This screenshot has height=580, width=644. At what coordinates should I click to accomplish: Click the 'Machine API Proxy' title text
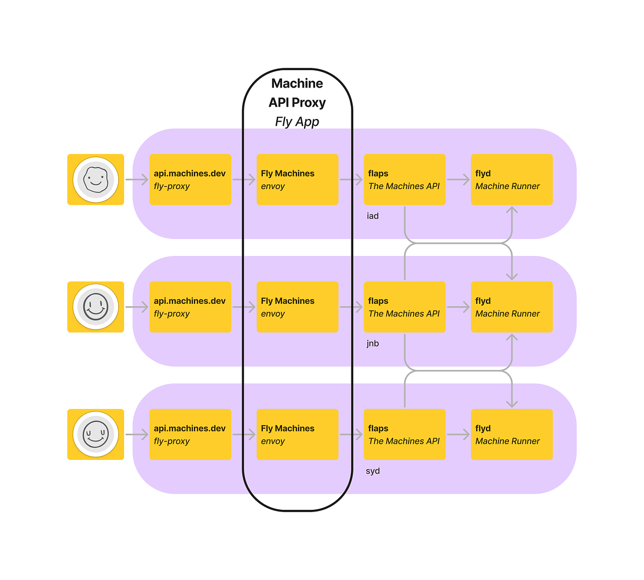coord(297,93)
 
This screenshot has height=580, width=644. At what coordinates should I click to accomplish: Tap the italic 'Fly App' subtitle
coord(297,122)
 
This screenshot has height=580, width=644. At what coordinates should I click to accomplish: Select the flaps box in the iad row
coord(404,180)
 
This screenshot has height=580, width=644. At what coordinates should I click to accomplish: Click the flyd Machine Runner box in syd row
coord(511,434)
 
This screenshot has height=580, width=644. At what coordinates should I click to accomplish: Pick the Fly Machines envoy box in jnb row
coord(297,307)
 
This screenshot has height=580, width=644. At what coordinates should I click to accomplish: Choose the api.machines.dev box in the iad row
coord(190,180)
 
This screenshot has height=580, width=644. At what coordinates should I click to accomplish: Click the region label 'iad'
coord(372,216)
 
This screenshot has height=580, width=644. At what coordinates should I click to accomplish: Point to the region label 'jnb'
coord(372,343)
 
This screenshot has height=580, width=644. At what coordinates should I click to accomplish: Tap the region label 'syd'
coord(372,471)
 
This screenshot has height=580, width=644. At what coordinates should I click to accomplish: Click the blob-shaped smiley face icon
coord(96,180)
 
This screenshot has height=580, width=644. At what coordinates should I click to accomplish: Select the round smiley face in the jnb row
coord(96,307)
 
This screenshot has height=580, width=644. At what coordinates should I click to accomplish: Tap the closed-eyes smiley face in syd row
coord(96,434)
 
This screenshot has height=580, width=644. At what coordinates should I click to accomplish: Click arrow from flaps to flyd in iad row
coord(458,180)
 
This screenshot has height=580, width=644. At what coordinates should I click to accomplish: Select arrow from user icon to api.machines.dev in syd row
coord(137,434)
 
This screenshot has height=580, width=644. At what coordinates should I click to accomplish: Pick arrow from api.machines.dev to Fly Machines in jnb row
coord(244,307)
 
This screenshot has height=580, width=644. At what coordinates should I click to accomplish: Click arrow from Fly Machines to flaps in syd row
coord(351,434)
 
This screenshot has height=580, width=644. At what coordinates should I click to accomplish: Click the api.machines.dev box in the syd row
coord(190,434)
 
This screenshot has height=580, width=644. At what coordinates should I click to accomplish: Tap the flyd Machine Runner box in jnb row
coord(511,307)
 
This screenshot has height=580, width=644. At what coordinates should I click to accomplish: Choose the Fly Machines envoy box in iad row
coord(297,180)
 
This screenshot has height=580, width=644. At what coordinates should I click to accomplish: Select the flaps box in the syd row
coord(404,434)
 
